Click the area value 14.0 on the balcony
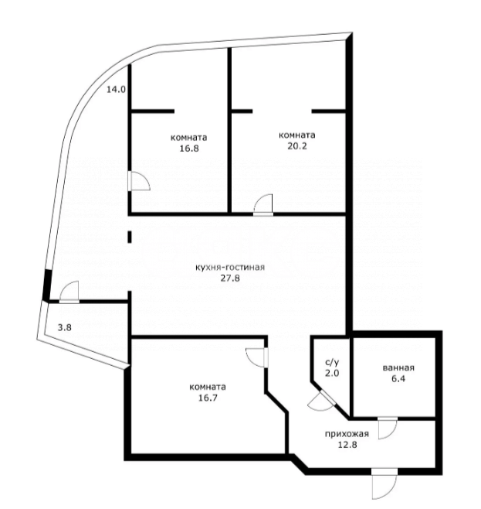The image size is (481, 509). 115,90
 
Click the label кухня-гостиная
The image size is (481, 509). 231,267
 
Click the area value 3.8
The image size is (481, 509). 66,326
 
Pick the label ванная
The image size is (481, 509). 399,367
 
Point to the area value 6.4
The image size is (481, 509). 399,379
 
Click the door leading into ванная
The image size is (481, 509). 388,427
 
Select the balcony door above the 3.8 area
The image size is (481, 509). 66,292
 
